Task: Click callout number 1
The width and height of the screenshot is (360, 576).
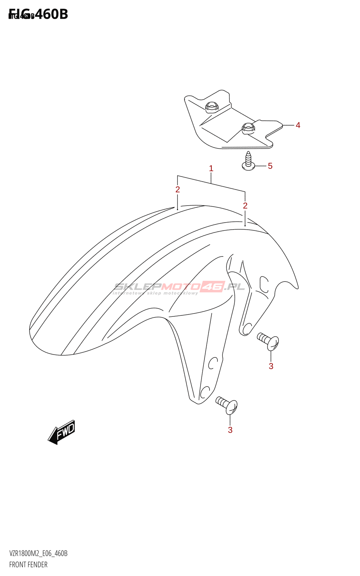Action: pos(211,168)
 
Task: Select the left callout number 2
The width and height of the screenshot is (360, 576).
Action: pos(177,189)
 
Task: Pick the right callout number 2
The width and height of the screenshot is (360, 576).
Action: pos(245,206)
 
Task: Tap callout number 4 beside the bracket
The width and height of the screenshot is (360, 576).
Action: pos(298,125)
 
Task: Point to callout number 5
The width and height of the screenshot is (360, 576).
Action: pos(270,166)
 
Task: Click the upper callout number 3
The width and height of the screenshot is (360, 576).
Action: pos(271,366)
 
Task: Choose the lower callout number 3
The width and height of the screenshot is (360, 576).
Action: pos(230,430)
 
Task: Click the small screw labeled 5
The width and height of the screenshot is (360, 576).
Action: pos(248,161)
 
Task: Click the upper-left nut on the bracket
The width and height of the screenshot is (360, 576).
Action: pos(212,106)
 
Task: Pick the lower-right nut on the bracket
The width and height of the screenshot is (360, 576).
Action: pos(248,127)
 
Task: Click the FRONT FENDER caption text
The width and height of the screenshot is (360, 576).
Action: pos(28,564)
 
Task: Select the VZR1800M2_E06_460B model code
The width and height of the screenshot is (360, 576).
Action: pos(38,553)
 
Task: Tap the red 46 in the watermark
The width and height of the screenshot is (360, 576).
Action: pos(212,287)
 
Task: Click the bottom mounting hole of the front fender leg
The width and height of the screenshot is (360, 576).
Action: pos(205,392)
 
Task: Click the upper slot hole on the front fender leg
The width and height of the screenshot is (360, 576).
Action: pos(212,363)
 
